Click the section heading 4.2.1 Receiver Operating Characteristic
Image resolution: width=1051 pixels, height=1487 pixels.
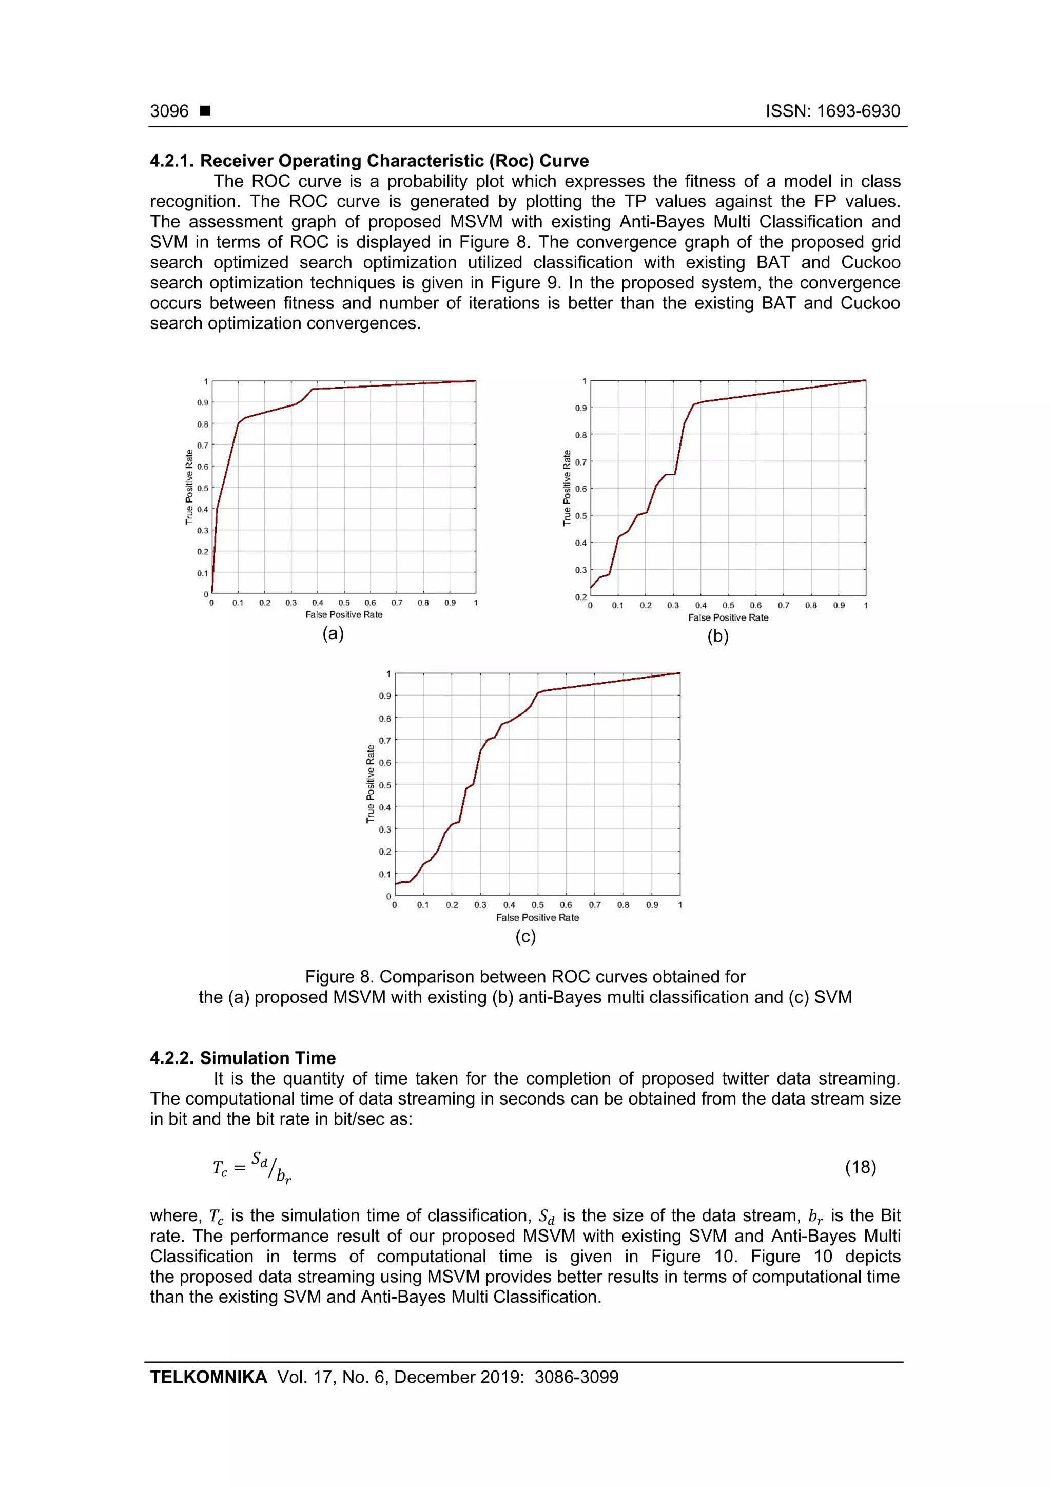[369, 161]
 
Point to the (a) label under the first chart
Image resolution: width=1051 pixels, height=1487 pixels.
[333, 633]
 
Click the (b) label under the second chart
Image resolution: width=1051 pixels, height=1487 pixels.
[717, 636]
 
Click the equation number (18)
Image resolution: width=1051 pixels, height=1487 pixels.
[860, 1167]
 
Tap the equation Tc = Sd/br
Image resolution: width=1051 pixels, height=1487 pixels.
[252, 1167]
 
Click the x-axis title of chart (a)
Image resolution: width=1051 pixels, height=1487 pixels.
[344, 614]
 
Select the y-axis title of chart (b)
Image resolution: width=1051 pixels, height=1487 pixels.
[567, 488]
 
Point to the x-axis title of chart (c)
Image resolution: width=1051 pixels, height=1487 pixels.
[537, 917]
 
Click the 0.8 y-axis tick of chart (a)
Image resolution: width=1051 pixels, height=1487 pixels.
[203, 424]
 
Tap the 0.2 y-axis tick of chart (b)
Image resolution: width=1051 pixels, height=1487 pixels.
[581, 596]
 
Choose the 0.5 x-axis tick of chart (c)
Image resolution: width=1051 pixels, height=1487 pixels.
[537, 905]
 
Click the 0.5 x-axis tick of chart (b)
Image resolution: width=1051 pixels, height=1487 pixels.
[729, 606]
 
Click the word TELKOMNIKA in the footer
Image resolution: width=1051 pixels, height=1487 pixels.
[208, 1377]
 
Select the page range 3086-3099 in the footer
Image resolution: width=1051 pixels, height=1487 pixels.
[576, 1377]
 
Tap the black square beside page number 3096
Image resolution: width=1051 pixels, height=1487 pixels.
[205, 111]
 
